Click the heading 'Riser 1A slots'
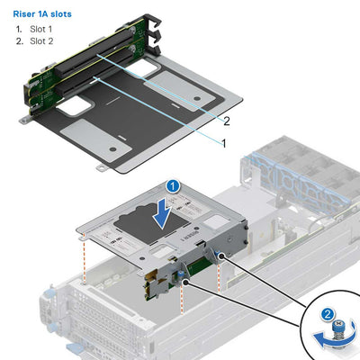click(43, 14)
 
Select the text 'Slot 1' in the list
click(41, 30)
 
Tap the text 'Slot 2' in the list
click(41, 42)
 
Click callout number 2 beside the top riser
click(227, 121)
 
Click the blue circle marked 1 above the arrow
click(175, 185)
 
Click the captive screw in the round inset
click(339, 333)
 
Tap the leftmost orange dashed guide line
click(84, 260)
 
